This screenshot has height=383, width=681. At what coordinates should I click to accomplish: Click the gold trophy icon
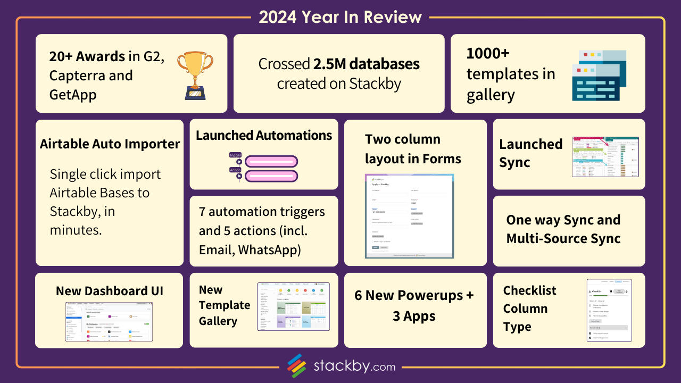(195, 74)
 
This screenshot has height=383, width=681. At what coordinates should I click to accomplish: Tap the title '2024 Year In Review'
(340, 17)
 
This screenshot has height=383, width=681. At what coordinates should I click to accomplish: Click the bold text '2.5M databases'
(367, 64)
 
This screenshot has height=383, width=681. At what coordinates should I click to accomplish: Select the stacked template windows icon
(599, 75)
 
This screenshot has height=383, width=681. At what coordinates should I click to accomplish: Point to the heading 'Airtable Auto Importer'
(110, 144)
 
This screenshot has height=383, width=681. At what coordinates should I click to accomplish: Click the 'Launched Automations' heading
(264, 135)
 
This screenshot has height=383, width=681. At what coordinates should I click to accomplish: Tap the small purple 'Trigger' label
(235, 155)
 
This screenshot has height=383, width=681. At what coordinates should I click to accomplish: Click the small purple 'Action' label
(235, 170)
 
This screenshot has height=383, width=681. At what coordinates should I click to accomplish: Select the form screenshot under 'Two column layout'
(409, 217)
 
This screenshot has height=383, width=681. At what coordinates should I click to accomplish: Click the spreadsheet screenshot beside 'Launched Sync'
(605, 157)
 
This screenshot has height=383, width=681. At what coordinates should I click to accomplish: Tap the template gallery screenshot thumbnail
(293, 306)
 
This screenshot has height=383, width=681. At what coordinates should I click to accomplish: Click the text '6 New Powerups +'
(414, 295)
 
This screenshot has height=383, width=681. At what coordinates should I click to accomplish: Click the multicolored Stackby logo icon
(297, 365)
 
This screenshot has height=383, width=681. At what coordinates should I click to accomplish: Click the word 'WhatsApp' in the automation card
(270, 249)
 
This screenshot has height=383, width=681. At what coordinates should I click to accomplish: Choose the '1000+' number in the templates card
(488, 54)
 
